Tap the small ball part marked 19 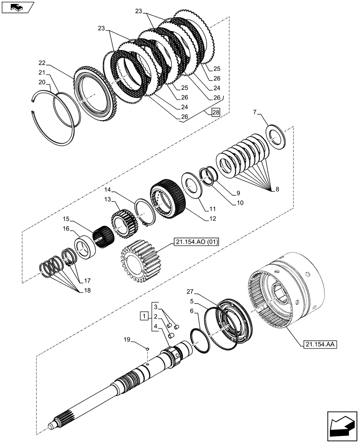pos(147,350)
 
